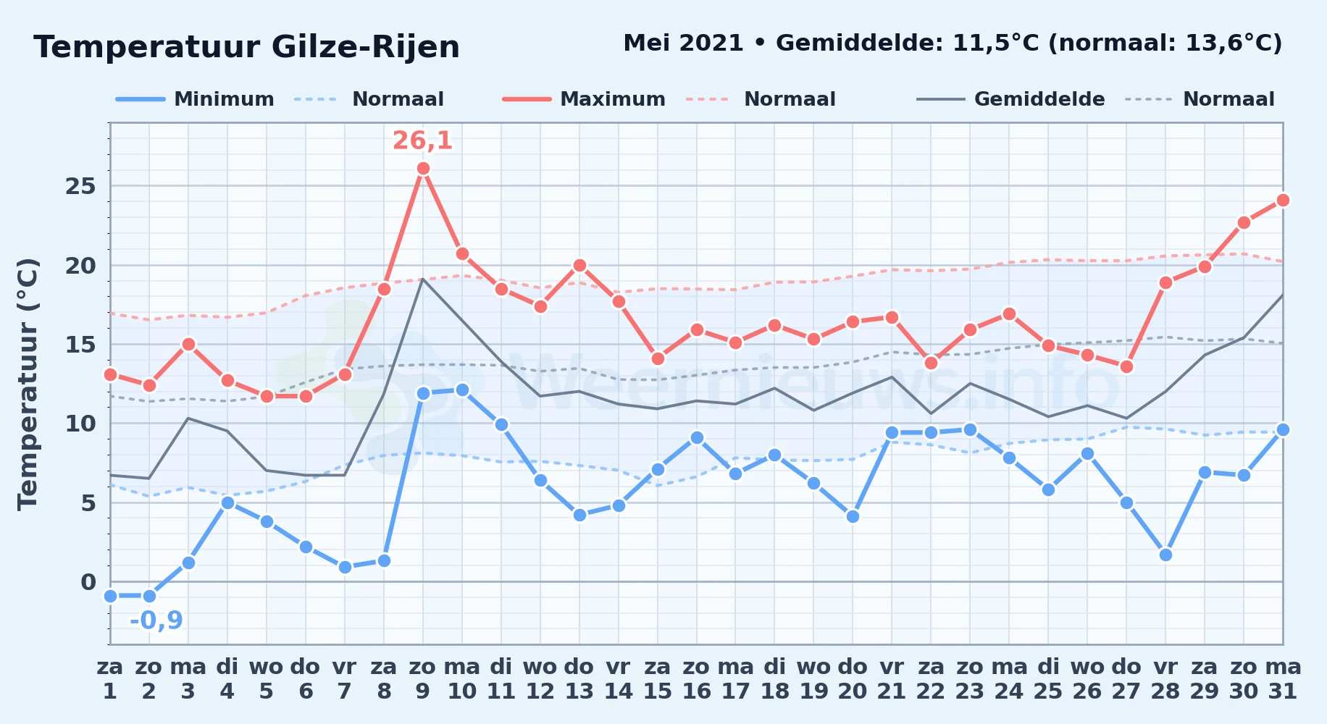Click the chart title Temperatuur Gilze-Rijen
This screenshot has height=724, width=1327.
(x=246, y=47)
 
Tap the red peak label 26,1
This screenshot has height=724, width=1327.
(x=423, y=140)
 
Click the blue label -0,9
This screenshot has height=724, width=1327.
(x=156, y=620)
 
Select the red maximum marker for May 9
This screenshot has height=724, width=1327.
(x=423, y=169)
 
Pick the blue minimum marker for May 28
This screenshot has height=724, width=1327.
(x=1165, y=555)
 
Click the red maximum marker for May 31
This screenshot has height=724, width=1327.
(x=1283, y=200)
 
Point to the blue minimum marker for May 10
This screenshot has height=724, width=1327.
(x=462, y=390)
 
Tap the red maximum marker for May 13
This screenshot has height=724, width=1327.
(x=579, y=265)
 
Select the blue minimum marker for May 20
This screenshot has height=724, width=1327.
(x=853, y=516)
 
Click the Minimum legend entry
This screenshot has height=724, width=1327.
(x=196, y=99)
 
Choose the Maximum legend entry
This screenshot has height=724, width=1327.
(x=584, y=99)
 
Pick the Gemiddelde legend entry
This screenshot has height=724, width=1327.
(x=1011, y=99)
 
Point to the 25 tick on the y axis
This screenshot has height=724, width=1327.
(x=80, y=187)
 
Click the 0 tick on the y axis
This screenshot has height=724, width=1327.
(x=88, y=582)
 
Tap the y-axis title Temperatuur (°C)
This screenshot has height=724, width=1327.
(x=28, y=384)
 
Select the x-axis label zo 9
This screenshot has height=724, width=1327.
(x=423, y=679)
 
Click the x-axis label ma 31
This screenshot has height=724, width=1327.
(x=1283, y=679)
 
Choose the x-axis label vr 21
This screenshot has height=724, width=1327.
(x=892, y=679)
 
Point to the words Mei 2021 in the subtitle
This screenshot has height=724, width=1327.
(x=683, y=43)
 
